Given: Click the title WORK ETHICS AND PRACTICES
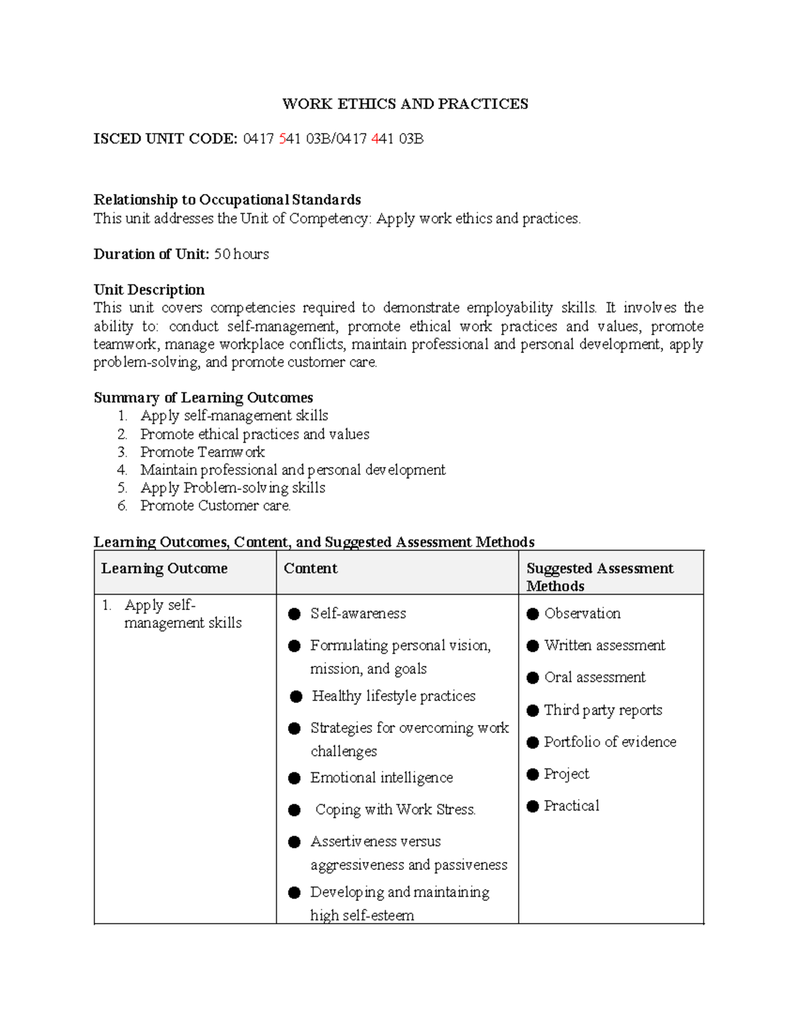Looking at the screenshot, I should coord(405,104).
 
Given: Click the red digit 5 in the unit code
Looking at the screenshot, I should coord(283,139).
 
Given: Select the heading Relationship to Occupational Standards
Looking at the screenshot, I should coord(227,200).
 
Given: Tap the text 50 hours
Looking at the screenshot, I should coord(241,254).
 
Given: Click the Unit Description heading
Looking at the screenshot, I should coord(149,290).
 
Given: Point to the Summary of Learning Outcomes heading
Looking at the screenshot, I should coord(203,397).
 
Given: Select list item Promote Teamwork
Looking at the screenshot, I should coord(202,452).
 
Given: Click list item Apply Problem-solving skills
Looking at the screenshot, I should coord(233,488).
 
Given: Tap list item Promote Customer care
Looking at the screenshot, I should coord(215,506).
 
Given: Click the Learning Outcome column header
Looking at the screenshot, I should coord(164,569).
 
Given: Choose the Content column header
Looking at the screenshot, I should coord(311,569).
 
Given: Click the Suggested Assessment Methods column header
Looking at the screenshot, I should coord(599,577).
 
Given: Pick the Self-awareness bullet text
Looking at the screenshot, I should coord(358,613).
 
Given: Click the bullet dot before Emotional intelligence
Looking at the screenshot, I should coord(295,778).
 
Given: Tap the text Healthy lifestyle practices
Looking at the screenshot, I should coord(394,696).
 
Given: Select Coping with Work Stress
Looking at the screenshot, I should coord(395,809).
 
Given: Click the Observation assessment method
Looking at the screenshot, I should coord(582,613).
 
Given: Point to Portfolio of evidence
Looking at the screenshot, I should coord(610,742).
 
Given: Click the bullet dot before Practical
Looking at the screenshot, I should coord(533,806).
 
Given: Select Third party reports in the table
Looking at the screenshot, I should coord(603,710).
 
